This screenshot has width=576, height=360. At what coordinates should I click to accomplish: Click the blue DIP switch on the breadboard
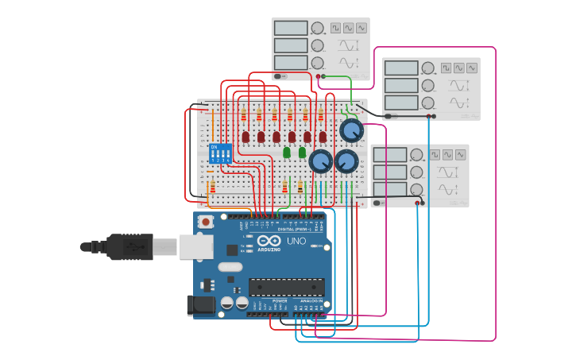pyautogui.click(x=220, y=153)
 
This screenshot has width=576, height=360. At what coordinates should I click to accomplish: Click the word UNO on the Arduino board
pyautogui.click(x=296, y=241)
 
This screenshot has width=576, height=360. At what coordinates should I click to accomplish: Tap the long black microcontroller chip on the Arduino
pyautogui.click(x=287, y=287)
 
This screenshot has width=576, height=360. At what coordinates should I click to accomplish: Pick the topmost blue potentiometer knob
pyautogui.click(x=350, y=130)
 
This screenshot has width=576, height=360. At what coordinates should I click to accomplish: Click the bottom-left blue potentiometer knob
pyautogui.click(x=320, y=162)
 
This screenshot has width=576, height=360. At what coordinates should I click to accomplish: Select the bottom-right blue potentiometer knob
pyautogui.click(x=346, y=162)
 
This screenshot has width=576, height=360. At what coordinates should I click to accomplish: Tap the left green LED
pyautogui.click(x=287, y=152)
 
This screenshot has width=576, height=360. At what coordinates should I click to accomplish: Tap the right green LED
pyautogui.click(x=302, y=152)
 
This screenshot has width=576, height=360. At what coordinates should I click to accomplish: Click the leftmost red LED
pyautogui.click(x=245, y=137)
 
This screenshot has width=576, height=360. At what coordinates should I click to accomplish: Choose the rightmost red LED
pyautogui.click(x=323, y=137)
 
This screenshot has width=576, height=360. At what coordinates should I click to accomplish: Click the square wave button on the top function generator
pyautogui.click(x=335, y=28)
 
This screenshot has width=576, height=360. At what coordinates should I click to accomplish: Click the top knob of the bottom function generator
pyautogui.click(x=416, y=154)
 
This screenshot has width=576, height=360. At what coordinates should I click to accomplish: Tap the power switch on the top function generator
pyautogui.click(x=280, y=76)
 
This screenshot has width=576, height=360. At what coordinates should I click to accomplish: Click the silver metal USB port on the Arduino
pyautogui.click(x=193, y=247)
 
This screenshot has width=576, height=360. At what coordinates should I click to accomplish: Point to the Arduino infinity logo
pyautogui.click(x=269, y=241)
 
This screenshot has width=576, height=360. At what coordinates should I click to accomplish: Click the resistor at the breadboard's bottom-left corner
pyautogui.click(x=211, y=187)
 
